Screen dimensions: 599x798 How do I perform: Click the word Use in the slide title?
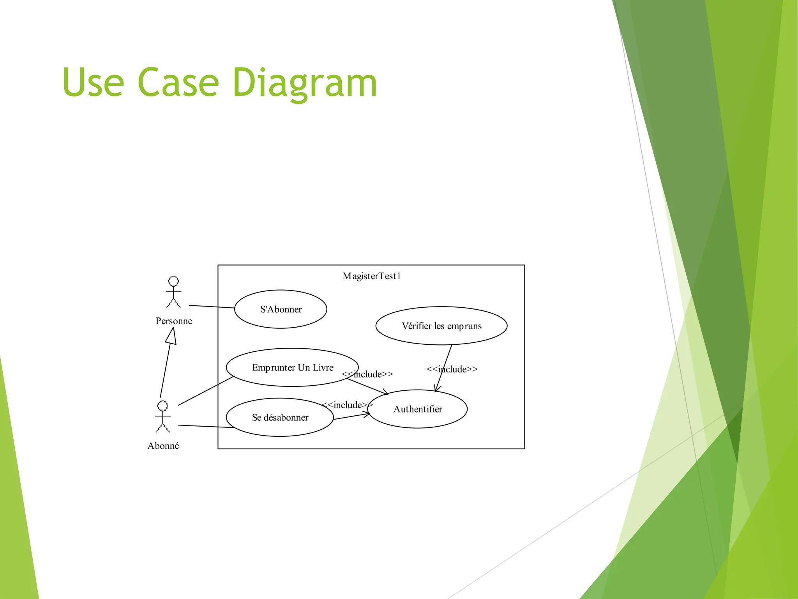[93, 82]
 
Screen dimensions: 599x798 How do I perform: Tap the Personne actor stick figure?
[173, 292]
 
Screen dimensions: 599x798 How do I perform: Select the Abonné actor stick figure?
[162, 417]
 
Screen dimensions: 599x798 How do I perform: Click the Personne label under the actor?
[174, 321]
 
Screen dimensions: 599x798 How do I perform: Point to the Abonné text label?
[163, 446]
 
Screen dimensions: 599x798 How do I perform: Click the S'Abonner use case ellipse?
[281, 309]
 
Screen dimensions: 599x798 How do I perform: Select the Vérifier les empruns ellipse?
[441, 326]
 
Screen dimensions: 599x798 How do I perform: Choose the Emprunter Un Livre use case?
[292, 367]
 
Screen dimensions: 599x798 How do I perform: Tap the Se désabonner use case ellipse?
[280, 417]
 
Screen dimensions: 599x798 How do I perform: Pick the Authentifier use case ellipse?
[418, 409]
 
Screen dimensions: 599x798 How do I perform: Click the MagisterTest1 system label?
[372, 276]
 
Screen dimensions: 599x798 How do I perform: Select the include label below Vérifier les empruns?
[452, 369]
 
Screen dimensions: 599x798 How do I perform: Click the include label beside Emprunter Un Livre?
[367, 374]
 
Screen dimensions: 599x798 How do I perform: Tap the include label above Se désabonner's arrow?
[347, 405]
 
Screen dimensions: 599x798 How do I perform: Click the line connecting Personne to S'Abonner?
[211, 307]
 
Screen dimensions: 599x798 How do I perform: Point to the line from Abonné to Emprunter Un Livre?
[206, 391]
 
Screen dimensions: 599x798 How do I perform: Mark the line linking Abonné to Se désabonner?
[206, 426]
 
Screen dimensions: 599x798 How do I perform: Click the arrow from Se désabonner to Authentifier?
[351, 416]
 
